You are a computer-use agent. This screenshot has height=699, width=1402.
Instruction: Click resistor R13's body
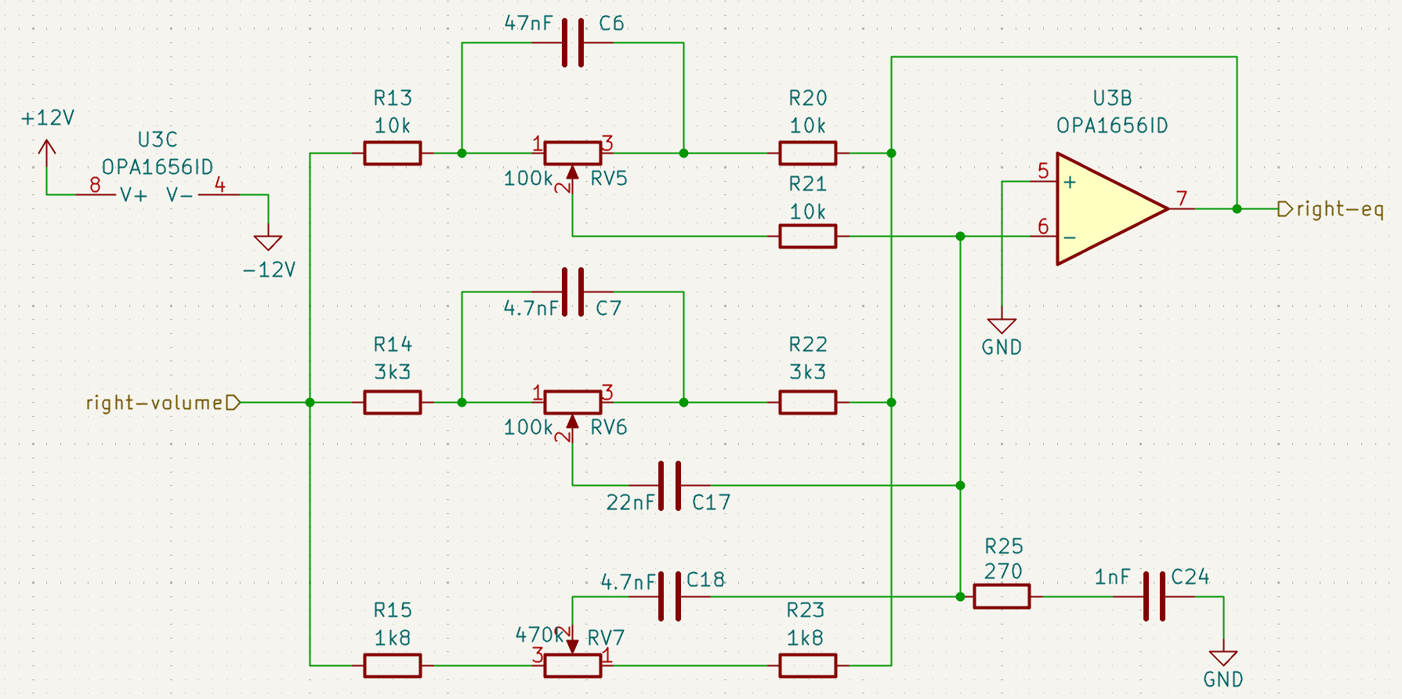393,153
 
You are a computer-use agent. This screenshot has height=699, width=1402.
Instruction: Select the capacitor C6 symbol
573,42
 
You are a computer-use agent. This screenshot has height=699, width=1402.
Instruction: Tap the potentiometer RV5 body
573,153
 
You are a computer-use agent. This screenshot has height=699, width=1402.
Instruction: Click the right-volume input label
155,403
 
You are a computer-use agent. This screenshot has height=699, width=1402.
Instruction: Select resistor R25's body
1002,596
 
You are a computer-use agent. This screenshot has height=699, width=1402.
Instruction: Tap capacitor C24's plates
1154,596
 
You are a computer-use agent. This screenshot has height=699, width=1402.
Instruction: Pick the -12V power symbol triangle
268,243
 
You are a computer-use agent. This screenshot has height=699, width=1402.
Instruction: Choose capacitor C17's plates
669,486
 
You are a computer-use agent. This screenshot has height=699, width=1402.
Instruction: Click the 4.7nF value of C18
628,582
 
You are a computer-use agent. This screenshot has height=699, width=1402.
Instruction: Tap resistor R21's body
808,236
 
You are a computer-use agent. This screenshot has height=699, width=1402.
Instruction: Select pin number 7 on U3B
1182,199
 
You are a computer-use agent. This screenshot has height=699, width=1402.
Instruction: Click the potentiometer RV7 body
573,665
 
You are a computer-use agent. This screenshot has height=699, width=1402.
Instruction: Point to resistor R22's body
808,402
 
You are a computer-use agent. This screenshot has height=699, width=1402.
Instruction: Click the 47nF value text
528,24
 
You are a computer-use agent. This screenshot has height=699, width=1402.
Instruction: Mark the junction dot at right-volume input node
310,402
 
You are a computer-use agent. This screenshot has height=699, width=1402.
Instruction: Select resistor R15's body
393,665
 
